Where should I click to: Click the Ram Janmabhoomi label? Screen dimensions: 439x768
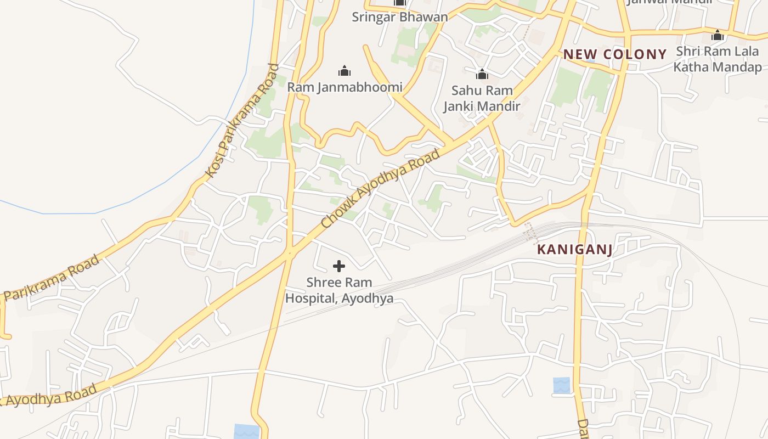point(345,87)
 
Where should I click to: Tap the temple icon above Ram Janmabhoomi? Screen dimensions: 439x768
point(345,71)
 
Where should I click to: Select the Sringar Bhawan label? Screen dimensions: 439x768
point(399,16)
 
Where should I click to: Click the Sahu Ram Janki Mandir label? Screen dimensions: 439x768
point(482,98)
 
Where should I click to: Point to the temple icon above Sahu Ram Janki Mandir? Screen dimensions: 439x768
point(482,74)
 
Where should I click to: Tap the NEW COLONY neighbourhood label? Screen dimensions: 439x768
point(615,54)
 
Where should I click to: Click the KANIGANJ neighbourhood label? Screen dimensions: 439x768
point(574,249)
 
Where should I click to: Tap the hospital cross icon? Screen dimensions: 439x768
point(339,266)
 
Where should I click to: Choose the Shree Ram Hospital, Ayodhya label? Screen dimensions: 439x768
point(339,290)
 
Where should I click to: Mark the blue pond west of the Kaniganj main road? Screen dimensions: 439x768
point(562,385)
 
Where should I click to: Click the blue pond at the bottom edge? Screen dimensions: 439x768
point(247,431)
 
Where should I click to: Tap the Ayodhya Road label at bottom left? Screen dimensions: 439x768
point(49,396)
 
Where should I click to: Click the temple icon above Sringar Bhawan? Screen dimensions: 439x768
point(399,3)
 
